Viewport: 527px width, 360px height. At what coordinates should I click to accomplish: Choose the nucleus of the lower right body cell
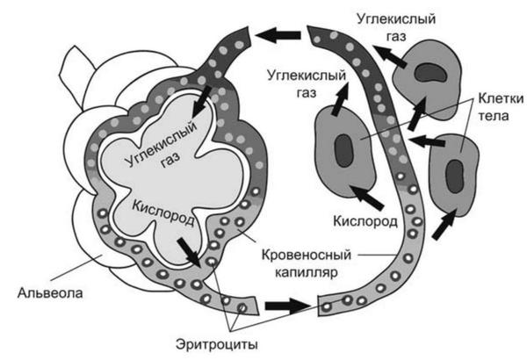pos(458,171)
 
